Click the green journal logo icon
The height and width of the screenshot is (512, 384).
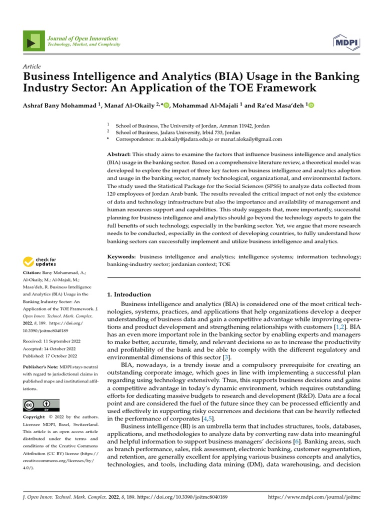click(33, 42)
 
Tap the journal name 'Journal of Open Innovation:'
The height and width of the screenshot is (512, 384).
click(83, 38)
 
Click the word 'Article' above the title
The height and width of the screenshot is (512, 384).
click(32, 66)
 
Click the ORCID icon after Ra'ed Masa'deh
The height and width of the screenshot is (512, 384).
click(311, 105)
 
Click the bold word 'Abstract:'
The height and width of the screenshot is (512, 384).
click(119, 155)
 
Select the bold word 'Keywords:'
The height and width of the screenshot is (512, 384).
click(122, 256)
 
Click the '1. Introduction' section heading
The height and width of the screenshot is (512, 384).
click(129, 294)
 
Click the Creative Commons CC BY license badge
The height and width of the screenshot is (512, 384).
click(41, 405)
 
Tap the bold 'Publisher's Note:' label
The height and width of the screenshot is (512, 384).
click(41, 367)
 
